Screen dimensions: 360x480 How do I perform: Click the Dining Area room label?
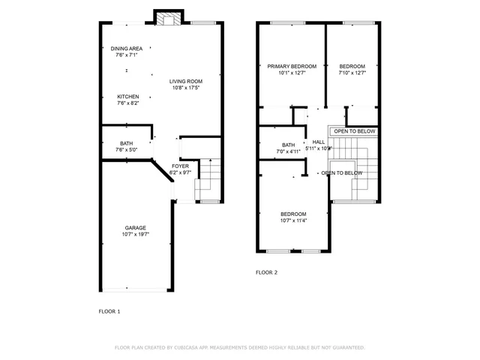126,49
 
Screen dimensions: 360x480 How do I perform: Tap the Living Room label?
185,81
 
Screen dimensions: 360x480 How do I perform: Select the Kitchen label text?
127,97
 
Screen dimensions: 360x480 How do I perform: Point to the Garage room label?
135,228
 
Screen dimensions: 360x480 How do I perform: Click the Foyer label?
180,166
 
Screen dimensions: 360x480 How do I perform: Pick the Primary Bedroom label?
292,66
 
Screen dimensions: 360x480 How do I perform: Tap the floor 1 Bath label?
127,143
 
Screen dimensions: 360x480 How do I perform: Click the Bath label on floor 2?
289,145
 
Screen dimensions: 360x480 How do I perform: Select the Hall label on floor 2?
319,142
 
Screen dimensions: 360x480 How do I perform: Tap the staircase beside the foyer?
209,182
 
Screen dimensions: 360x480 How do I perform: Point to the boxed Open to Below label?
355,131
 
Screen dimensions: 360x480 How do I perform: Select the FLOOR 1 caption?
109,310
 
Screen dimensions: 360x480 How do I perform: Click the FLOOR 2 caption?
266,272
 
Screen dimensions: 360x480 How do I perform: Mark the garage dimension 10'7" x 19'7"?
135,235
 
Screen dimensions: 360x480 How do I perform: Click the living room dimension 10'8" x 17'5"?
185,88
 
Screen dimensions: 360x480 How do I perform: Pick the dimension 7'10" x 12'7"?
352,73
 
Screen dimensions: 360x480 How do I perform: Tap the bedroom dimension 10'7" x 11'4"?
293,220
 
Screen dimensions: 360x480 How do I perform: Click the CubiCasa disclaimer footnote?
239,347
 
